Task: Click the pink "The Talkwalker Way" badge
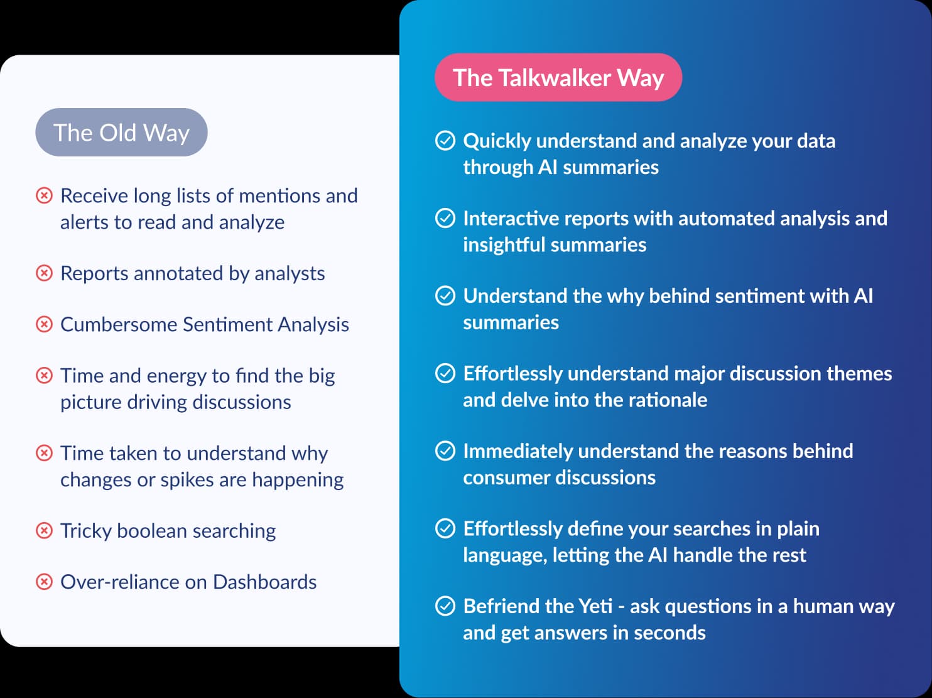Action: click(x=558, y=77)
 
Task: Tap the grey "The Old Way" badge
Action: click(x=121, y=133)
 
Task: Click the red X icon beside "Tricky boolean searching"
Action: click(x=44, y=530)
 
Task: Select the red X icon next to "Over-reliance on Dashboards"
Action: click(x=44, y=582)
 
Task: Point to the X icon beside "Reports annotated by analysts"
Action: click(x=44, y=273)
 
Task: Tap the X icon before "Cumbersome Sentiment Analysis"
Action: click(x=44, y=324)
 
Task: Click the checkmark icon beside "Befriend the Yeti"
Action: click(x=445, y=606)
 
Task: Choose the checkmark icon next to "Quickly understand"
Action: click(x=445, y=141)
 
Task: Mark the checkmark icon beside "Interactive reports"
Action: click(x=445, y=218)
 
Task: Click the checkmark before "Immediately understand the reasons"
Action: click(x=445, y=451)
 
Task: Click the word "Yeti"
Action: click(x=596, y=606)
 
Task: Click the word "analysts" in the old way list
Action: click(x=290, y=274)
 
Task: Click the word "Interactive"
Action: click(x=510, y=218)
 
